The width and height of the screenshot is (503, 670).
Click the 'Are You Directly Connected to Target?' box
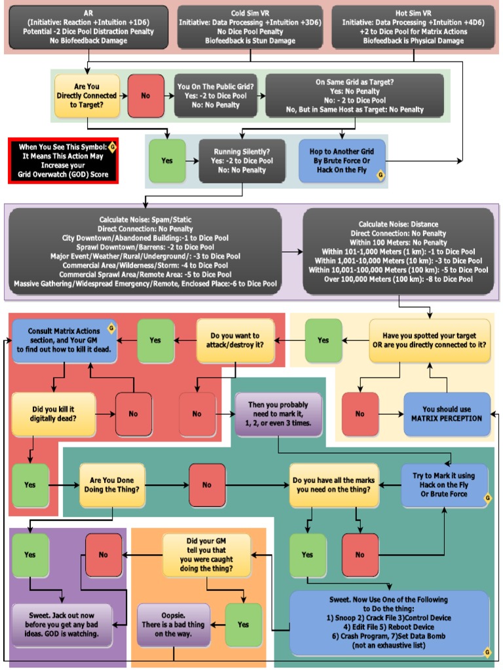tap(87, 96)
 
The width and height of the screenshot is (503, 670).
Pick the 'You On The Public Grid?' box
tap(215, 96)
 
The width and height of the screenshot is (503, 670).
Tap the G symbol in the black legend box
tap(112, 146)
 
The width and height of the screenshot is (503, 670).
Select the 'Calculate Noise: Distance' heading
tap(398, 224)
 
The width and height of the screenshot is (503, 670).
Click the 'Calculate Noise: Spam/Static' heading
tap(145, 219)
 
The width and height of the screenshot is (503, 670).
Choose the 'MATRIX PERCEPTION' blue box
tap(447, 414)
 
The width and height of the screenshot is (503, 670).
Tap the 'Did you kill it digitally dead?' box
tap(54, 414)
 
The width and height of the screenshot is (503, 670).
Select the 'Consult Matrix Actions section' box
tap(64, 340)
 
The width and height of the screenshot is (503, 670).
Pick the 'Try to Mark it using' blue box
tap(445, 485)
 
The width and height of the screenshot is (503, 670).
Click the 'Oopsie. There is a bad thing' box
tap(174, 625)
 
